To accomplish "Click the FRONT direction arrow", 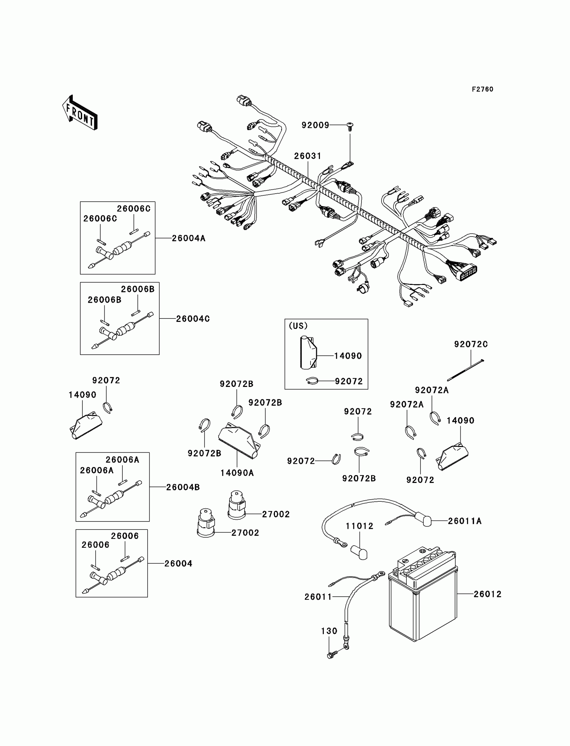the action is pos(80,113).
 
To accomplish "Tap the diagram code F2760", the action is pos(482,89).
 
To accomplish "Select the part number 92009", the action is pos(316,125).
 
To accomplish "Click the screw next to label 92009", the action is pos(350,126).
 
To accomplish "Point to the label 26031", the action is pos(308,156).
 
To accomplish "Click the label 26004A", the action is pos(189,238).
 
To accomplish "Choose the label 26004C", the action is pos(193,319).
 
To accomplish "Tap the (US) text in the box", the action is pos(298,326).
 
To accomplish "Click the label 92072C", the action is pos(471,344).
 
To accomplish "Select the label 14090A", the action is pos(237,473).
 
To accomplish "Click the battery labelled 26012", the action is pos(423,595).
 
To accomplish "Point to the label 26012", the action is pos(488,594).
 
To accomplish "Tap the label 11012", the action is pos(360,526).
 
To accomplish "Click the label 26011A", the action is pos(465,521).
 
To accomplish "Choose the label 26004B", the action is pos(183,487).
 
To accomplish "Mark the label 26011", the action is pos(318,597).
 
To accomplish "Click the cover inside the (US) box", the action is pos(308,352).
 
